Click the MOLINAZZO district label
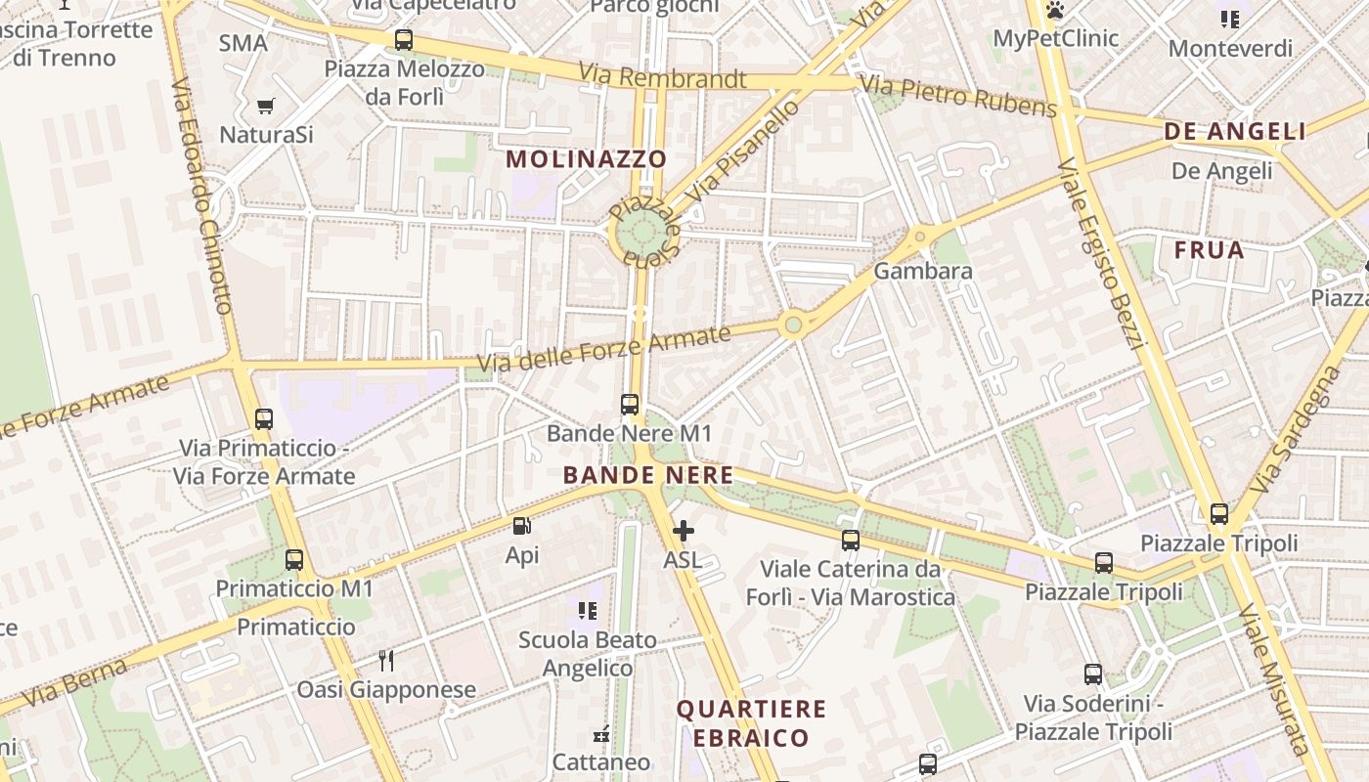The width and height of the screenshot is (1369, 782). [587, 158]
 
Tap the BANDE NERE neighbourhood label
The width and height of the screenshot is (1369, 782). [647, 476]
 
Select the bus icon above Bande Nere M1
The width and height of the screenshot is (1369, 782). [630, 404]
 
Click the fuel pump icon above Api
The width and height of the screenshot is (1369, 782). [522, 526]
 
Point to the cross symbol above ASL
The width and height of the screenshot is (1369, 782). [684, 531]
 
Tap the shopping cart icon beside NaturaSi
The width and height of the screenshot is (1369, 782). [265, 106]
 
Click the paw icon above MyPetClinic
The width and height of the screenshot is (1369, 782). [1055, 11]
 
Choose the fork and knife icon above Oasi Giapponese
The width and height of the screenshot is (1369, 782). [387, 660]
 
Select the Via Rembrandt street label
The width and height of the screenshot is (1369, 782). [662, 76]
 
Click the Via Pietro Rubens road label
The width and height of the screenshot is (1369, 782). [958, 95]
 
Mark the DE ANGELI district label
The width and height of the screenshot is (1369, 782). [1235, 132]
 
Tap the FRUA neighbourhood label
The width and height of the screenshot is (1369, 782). [1209, 250]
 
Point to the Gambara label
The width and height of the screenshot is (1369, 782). [923, 271]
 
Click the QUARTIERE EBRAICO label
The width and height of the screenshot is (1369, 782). [751, 723]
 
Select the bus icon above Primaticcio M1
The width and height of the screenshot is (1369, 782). [294, 560]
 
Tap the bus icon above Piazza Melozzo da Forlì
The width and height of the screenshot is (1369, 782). [403, 40]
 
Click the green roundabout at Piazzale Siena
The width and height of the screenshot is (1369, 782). [641, 233]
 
